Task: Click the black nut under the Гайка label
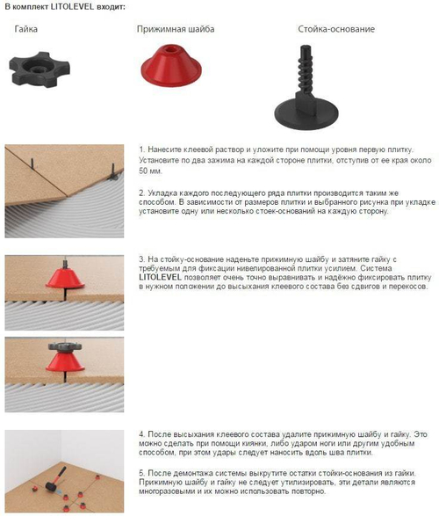coord(40,69)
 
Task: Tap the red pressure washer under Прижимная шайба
coord(171,65)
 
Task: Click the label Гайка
coord(26,29)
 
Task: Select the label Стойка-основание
coord(336,29)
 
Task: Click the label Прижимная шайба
coord(176,29)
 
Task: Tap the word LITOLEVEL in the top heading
coord(72,7)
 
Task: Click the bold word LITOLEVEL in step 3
coord(161,277)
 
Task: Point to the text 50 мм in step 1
coord(150,171)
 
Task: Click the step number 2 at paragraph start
coord(142,193)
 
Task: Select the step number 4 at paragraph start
coord(142,434)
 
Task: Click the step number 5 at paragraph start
coord(142,473)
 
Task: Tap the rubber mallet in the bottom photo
coord(55,479)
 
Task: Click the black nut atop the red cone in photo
coord(65,346)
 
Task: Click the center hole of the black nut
coord(39,69)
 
